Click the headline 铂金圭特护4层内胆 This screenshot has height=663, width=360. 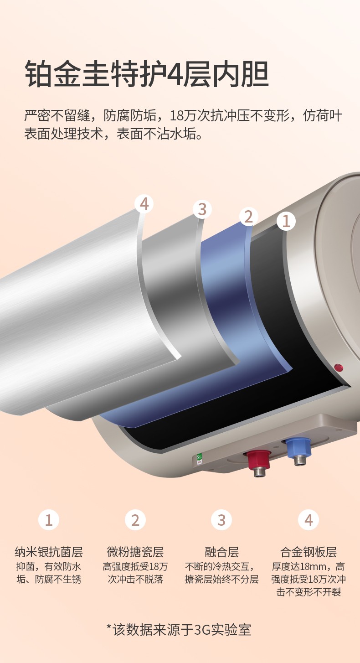point(147,74)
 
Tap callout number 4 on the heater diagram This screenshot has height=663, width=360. point(144,204)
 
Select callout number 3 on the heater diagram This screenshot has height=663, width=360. point(202,209)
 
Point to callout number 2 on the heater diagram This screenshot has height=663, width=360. point(248,216)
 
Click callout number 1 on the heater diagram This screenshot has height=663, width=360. point(286,221)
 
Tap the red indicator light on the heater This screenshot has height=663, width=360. point(339,368)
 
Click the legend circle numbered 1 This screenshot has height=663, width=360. point(49,520)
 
